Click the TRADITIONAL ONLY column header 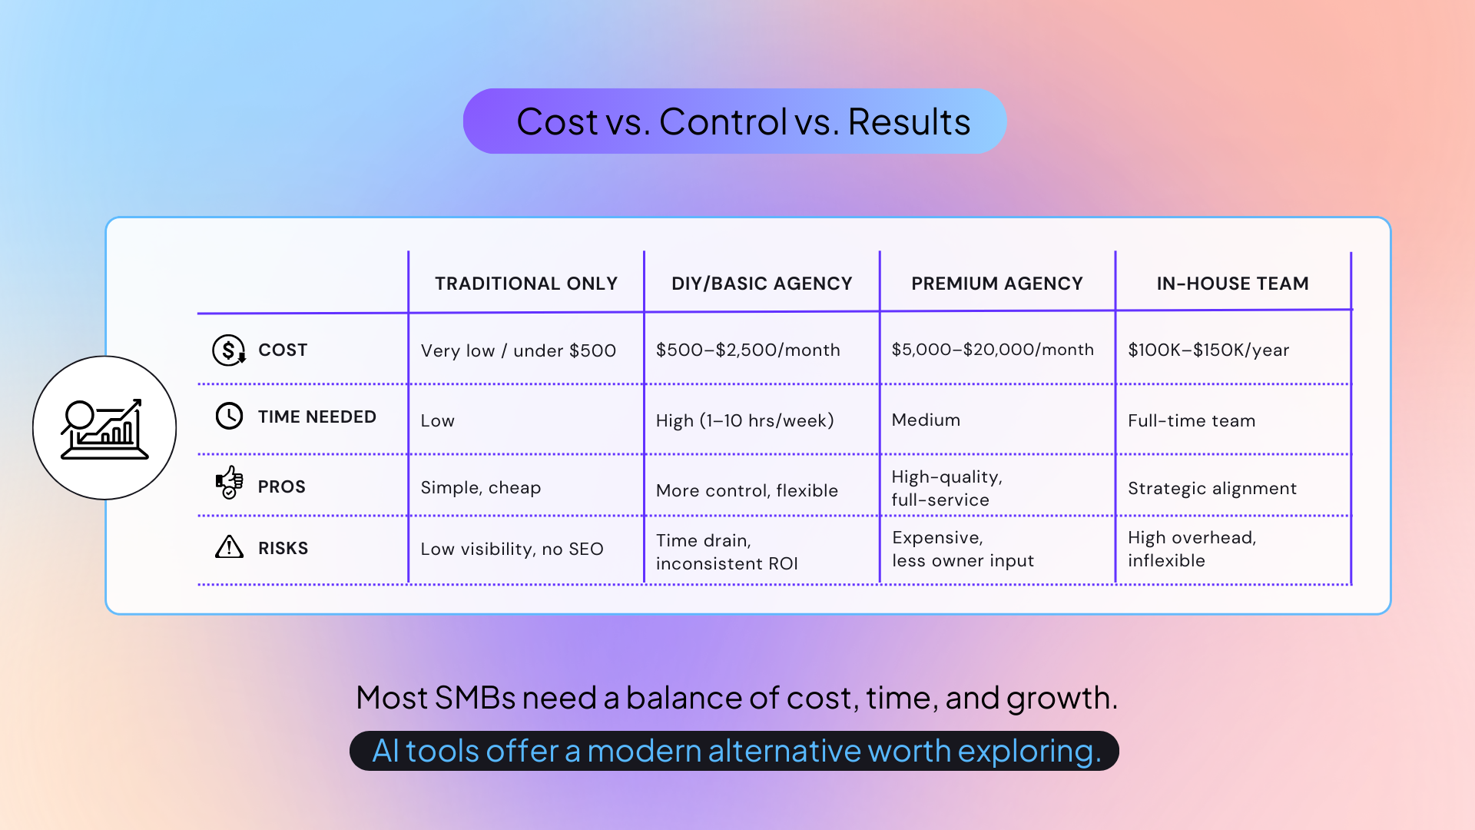pyautogui.click(x=526, y=284)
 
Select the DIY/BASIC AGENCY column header pyautogui.click(x=761, y=284)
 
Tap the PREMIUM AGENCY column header pyautogui.click(x=996, y=284)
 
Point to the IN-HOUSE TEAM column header pyautogui.click(x=1232, y=284)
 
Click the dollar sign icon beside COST pyautogui.click(x=228, y=350)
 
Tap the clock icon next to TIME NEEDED pyautogui.click(x=229, y=417)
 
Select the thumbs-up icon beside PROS pyautogui.click(x=229, y=483)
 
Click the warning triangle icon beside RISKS pyautogui.click(x=229, y=547)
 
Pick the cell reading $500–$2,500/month pyautogui.click(x=747, y=350)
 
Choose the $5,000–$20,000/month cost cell pyautogui.click(x=992, y=350)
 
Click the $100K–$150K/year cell pyautogui.click(x=1208, y=350)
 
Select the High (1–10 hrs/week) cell pyautogui.click(x=744, y=421)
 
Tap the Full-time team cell pyautogui.click(x=1191, y=421)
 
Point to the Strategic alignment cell pyautogui.click(x=1211, y=489)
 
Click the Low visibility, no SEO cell pyautogui.click(x=512, y=549)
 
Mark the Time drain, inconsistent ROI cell pyautogui.click(x=726, y=552)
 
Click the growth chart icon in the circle pyautogui.click(x=104, y=428)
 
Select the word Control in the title pyautogui.click(x=723, y=121)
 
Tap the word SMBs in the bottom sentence pyautogui.click(x=475, y=698)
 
